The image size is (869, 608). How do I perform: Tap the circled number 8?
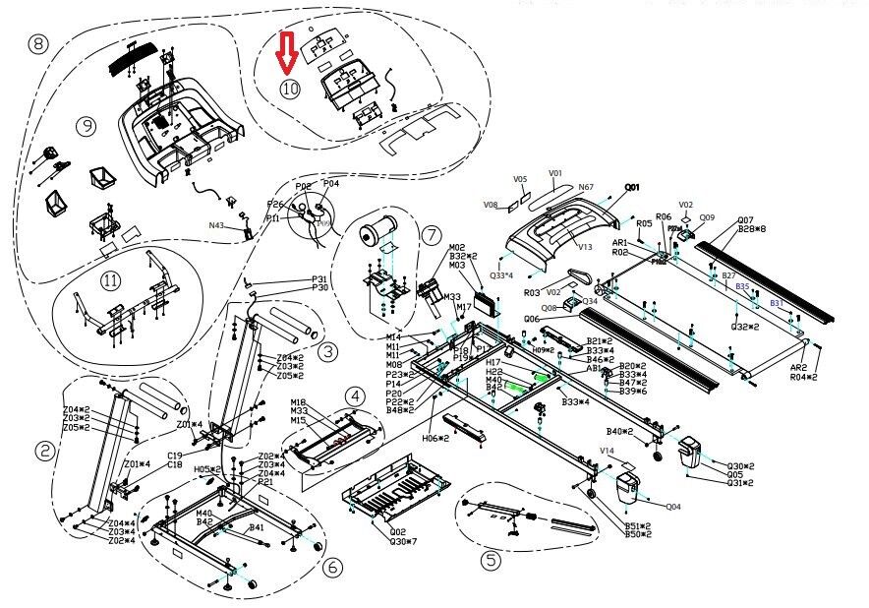(x=38, y=44)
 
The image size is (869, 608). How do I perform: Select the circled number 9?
(x=87, y=126)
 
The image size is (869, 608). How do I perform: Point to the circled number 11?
(x=110, y=280)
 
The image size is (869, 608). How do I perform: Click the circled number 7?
(x=431, y=233)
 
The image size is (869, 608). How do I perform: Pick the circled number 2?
(x=44, y=452)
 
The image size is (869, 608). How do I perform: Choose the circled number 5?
(x=490, y=561)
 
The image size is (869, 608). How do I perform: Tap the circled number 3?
(x=327, y=351)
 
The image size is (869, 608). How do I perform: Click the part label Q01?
(x=632, y=186)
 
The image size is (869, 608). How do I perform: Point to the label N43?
(x=216, y=225)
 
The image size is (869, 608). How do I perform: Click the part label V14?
(x=608, y=450)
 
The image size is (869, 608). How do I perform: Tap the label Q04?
(x=673, y=508)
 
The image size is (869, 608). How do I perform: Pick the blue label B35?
(x=742, y=286)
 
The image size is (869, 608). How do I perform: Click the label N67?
(x=586, y=187)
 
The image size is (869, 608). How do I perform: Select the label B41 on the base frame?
(x=257, y=527)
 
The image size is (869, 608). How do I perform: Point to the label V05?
(x=520, y=179)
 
